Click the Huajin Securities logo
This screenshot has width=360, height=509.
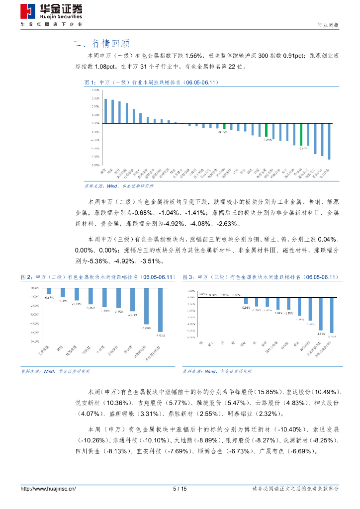52,12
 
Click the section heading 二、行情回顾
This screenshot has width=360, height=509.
102,43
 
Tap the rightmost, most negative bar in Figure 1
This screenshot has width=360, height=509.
329,141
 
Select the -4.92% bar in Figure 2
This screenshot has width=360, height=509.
160,311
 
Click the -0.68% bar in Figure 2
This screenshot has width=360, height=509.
49,291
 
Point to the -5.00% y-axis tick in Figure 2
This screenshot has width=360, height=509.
35,332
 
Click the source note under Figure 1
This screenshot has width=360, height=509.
119,185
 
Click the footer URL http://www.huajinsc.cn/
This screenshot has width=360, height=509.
48,489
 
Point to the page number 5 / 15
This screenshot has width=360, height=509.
180,489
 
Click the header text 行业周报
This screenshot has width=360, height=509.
328,25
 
